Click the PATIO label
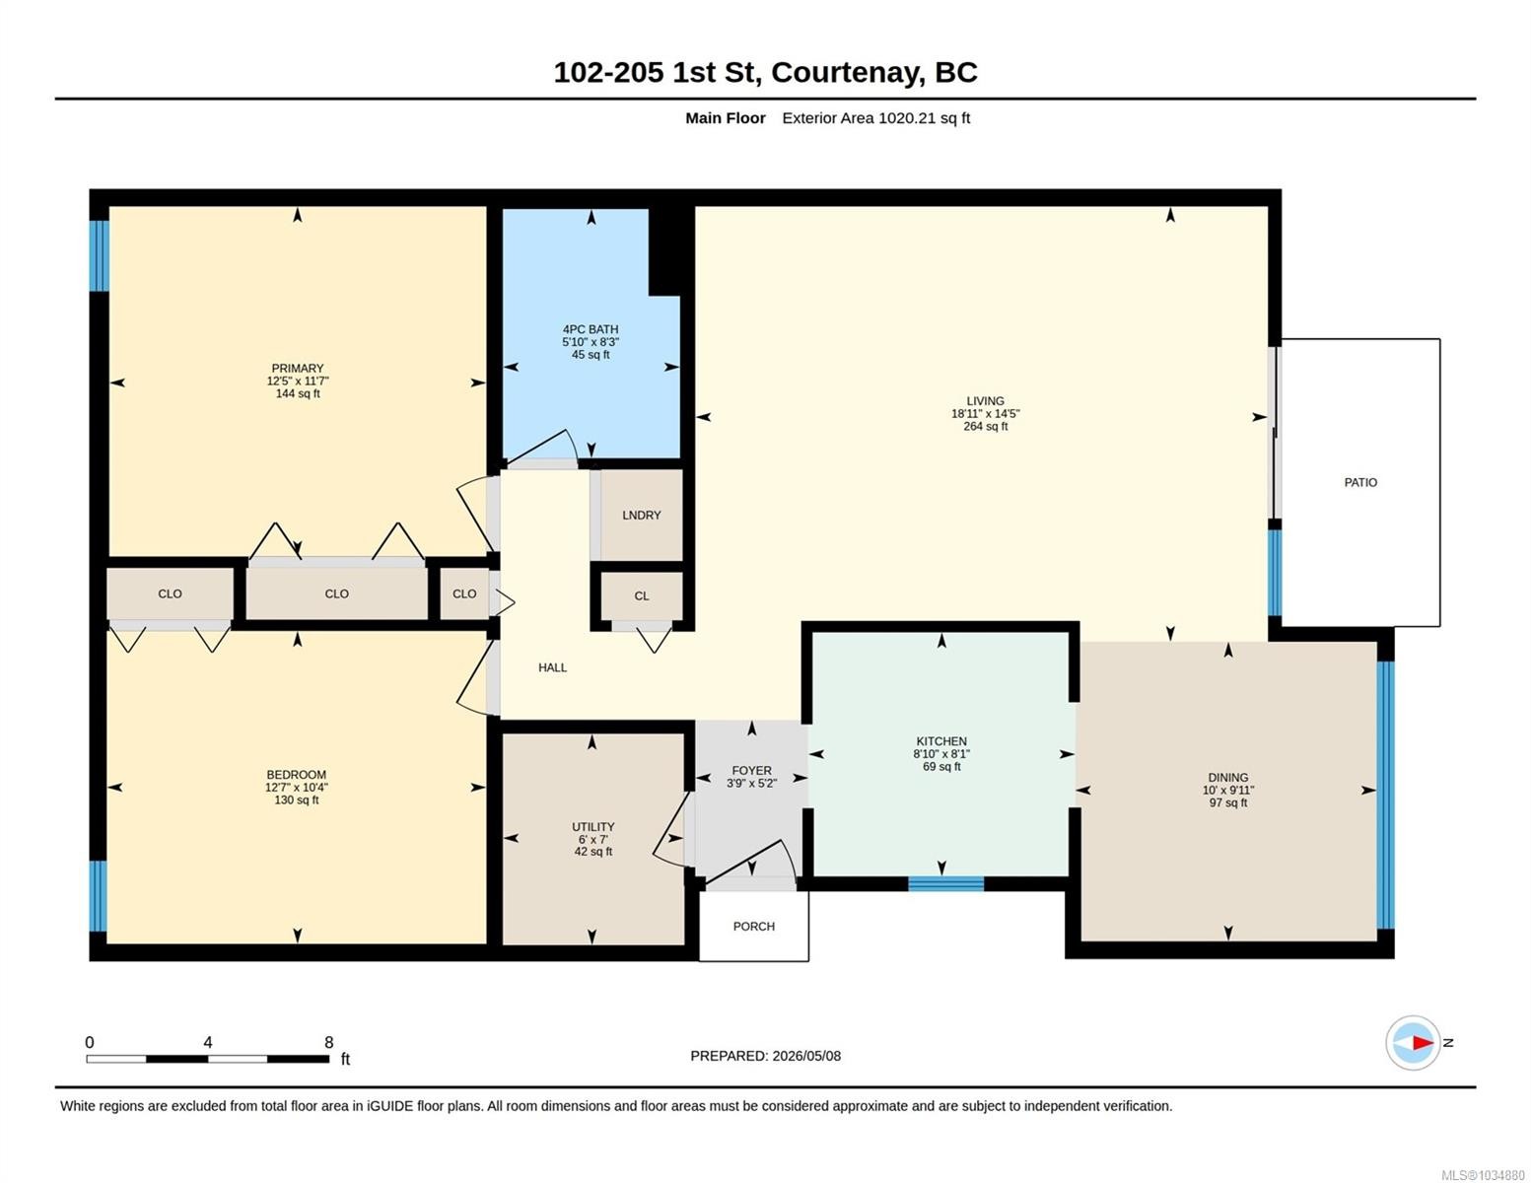[x=1359, y=483]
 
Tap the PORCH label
[x=753, y=927]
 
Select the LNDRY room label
[x=641, y=515]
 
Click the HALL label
[x=552, y=667]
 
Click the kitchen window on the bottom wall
[x=945, y=883]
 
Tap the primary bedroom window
[x=100, y=255]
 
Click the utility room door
[x=669, y=829]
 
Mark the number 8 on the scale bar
[x=328, y=1042]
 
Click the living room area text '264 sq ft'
[x=985, y=426]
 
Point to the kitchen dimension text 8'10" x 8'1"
[x=941, y=754]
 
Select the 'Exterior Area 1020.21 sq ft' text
[x=875, y=118]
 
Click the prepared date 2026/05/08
[x=806, y=1056]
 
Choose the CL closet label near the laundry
[x=641, y=596]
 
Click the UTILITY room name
[x=592, y=826]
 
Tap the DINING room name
[x=1228, y=777]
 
